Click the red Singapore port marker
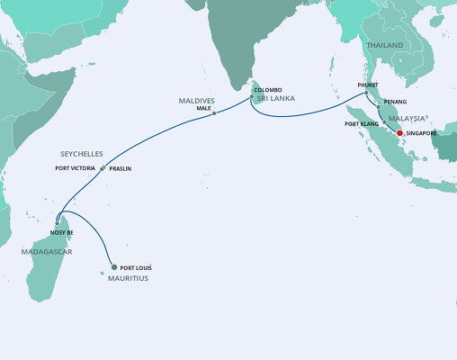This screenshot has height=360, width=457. pyautogui.click(x=399, y=133)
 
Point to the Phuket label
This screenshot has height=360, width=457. pyautogui.click(x=368, y=85)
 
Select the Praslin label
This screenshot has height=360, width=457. pyautogui.click(x=121, y=168)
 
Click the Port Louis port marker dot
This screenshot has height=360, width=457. pyautogui.click(x=114, y=265)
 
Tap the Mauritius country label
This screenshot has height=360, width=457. pyautogui.click(x=125, y=279)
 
